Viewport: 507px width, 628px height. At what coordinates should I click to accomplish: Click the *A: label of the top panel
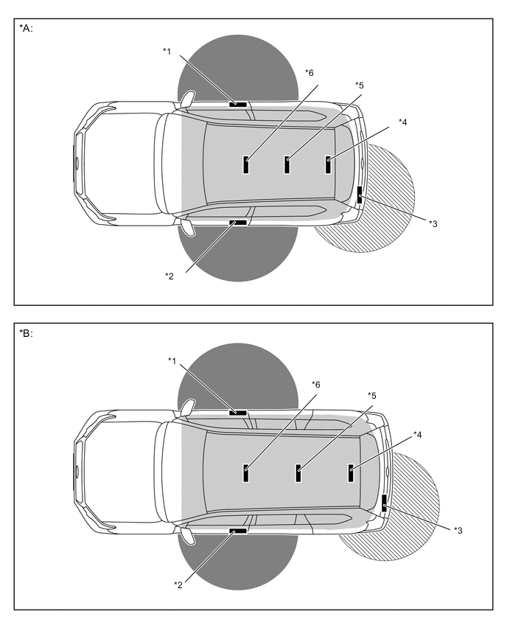[26, 29]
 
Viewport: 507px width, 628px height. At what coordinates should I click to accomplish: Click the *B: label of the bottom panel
[26, 334]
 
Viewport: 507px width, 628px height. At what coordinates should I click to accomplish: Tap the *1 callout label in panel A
[167, 52]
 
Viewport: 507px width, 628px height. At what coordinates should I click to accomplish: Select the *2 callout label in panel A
[169, 276]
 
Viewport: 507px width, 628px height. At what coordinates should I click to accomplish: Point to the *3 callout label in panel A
[433, 224]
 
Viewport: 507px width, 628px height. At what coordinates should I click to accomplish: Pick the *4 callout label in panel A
[403, 122]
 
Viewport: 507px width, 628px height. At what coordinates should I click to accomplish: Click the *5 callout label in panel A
[360, 86]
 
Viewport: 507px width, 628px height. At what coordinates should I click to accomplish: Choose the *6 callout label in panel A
[310, 72]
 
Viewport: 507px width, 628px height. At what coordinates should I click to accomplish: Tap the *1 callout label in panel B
[172, 361]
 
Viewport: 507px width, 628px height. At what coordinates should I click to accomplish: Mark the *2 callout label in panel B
[178, 585]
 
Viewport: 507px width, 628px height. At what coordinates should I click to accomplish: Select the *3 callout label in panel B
[458, 531]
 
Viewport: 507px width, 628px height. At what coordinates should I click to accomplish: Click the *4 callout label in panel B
[418, 435]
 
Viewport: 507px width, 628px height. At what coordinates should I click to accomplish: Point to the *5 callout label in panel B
[372, 396]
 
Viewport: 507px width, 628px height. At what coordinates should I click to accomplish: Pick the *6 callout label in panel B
[316, 385]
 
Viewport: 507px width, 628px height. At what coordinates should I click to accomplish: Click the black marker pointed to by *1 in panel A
[238, 105]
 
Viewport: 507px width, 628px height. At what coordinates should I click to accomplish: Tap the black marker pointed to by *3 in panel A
[360, 195]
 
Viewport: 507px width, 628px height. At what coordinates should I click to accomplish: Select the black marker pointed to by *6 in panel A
[246, 164]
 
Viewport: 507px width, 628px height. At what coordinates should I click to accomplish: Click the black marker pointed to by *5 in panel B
[298, 473]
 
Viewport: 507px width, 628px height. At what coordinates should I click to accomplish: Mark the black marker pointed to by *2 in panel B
[238, 531]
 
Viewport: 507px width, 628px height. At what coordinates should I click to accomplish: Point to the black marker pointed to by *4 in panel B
[352, 473]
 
